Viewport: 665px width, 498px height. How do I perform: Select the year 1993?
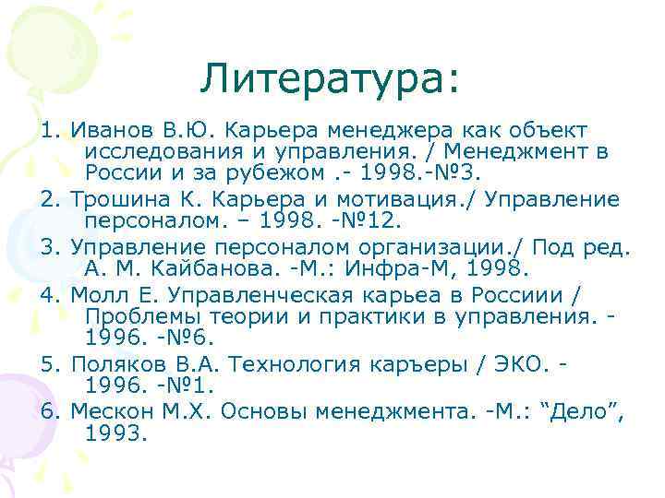115,432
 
